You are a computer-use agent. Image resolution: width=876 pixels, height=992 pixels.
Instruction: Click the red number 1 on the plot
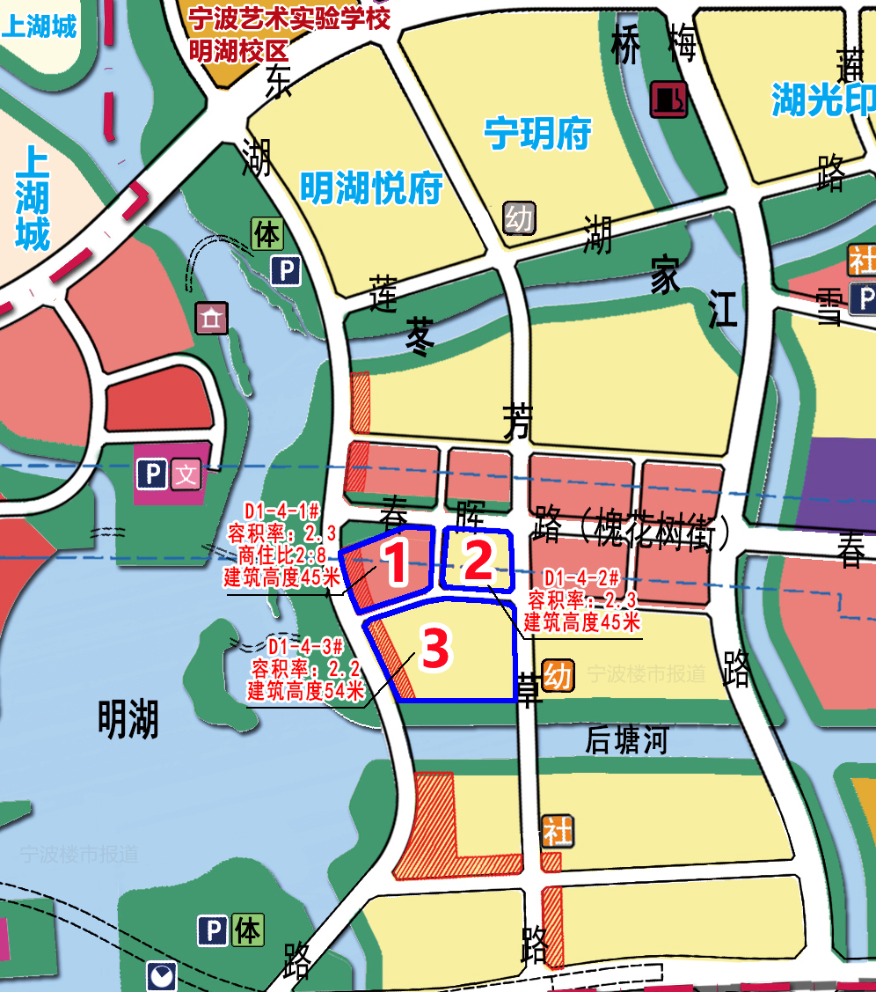coord(395,564)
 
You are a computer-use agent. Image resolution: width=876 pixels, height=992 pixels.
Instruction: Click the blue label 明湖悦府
coord(370,188)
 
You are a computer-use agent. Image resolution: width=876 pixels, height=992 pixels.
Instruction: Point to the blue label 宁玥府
coord(537,135)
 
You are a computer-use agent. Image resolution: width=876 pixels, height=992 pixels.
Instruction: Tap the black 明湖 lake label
coord(128,720)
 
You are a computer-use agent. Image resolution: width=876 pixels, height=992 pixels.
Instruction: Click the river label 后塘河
coord(627,741)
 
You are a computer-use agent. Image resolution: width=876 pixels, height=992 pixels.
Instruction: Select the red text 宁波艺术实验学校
coord(289,18)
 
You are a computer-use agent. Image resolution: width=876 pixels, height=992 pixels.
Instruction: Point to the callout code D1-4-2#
coord(581,578)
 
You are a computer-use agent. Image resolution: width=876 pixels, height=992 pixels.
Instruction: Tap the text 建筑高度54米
coord(305,691)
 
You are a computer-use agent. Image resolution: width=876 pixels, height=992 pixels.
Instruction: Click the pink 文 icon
coord(186,476)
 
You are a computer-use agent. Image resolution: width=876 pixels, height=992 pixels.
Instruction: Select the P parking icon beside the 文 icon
coord(152,476)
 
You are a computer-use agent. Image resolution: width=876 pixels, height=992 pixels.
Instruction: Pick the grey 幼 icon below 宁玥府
coord(519,217)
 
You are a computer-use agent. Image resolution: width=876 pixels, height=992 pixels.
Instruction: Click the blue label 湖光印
coord(822,100)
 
